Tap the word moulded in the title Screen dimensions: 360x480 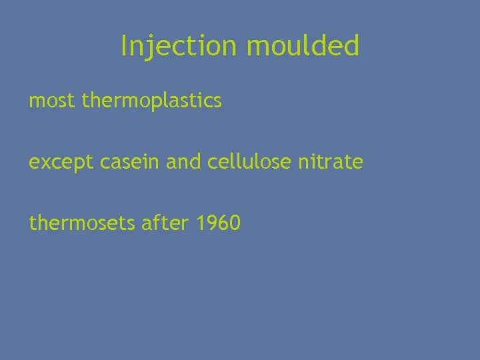coord(303,46)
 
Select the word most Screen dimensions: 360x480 coord(53,101)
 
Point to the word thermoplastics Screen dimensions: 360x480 coord(152,101)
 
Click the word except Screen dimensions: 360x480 coord(58,162)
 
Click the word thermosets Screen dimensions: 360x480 coord(83,223)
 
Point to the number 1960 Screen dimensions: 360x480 coord(219,223)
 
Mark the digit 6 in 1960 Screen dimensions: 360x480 coord(225,223)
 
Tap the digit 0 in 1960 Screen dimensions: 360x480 coord(235,223)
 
